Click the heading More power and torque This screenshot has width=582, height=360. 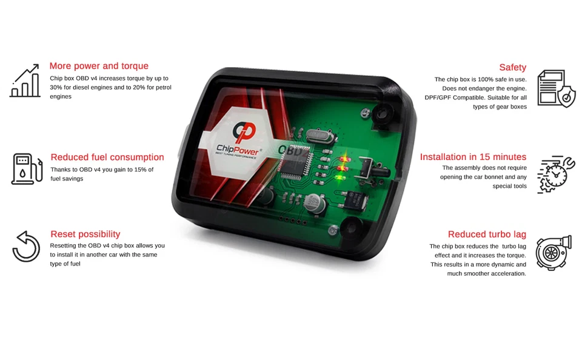pyautogui.click(x=99, y=66)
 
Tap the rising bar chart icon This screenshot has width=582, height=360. pyautogui.click(x=25, y=82)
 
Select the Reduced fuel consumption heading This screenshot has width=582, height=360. pyautogui.click(x=107, y=157)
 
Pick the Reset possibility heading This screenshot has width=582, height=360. pyautogui.click(x=85, y=234)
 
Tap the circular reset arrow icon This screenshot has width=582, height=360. pyautogui.click(x=26, y=247)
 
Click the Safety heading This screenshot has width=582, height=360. pyautogui.click(x=512, y=67)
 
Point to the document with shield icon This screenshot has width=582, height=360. pyautogui.click(x=555, y=88)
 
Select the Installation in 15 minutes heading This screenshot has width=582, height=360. pyautogui.click(x=473, y=157)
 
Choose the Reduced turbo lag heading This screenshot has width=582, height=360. pyautogui.click(x=487, y=234)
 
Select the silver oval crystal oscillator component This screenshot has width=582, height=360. pyautogui.click(x=316, y=138)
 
